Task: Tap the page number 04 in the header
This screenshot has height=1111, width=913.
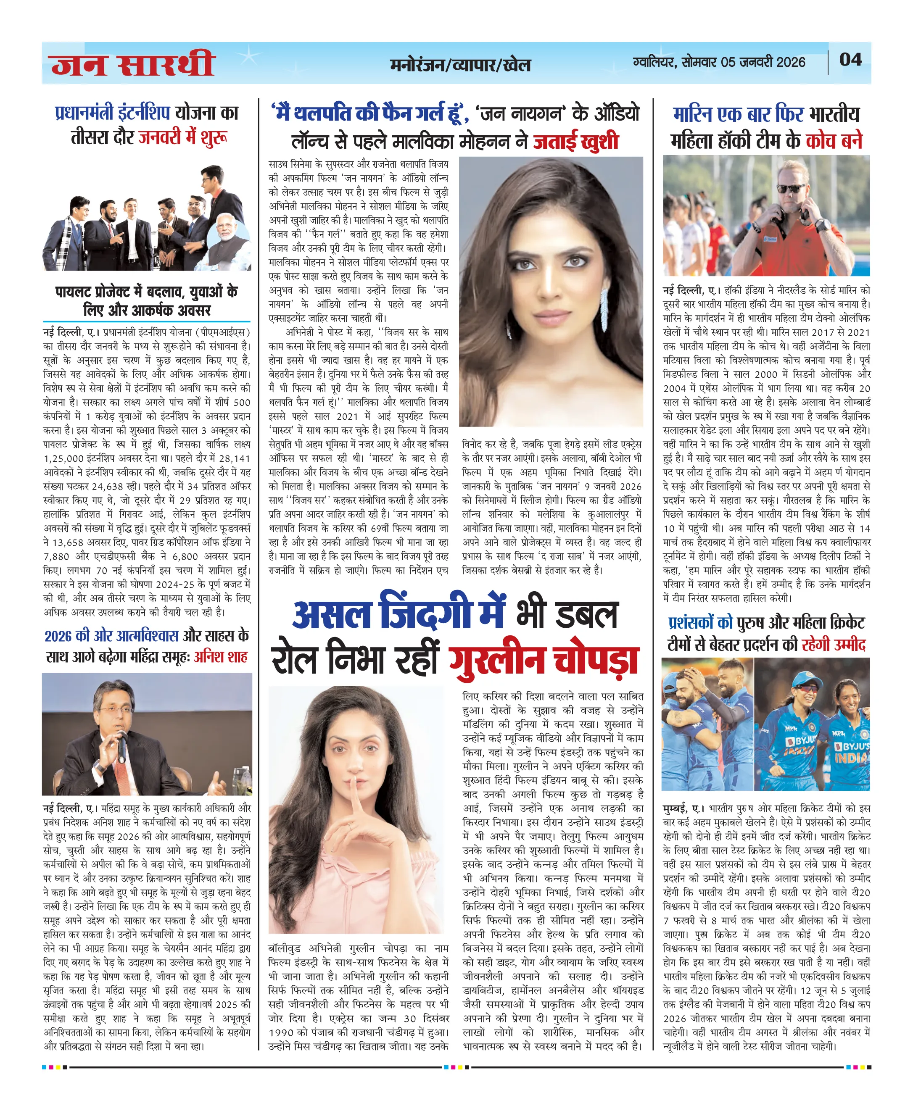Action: pos(850,59)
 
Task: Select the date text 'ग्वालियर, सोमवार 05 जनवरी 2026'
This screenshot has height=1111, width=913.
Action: pos(719,62)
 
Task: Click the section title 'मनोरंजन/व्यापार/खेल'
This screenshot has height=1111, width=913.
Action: pos(460,65)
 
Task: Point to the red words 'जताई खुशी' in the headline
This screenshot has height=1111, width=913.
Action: pos(576,142)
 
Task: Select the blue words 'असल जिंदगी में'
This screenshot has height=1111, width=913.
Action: pos(398,613)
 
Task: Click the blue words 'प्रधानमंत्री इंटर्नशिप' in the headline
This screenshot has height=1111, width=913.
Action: pos(113,113)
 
